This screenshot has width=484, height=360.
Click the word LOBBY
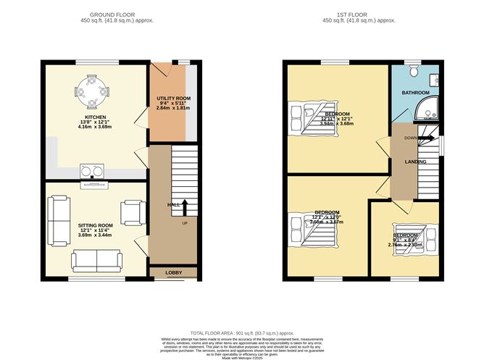[x=173, y=273]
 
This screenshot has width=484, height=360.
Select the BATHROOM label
[x=415, y=93]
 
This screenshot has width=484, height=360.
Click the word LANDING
[x=415, y=162]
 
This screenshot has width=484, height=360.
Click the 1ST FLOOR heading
[x=360, y=14]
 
